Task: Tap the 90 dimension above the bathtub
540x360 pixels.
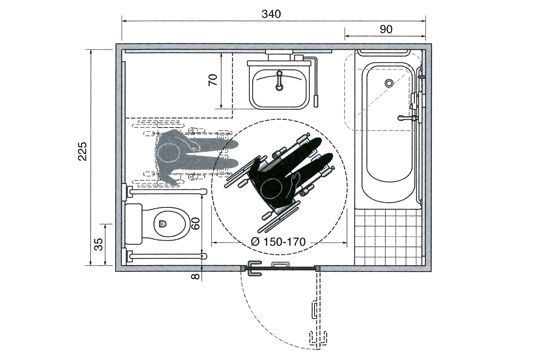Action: point(386,30)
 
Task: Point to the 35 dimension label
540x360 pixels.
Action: point(97,244)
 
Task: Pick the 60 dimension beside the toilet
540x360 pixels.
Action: point(196,222)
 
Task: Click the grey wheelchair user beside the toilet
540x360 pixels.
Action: point(180,154)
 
